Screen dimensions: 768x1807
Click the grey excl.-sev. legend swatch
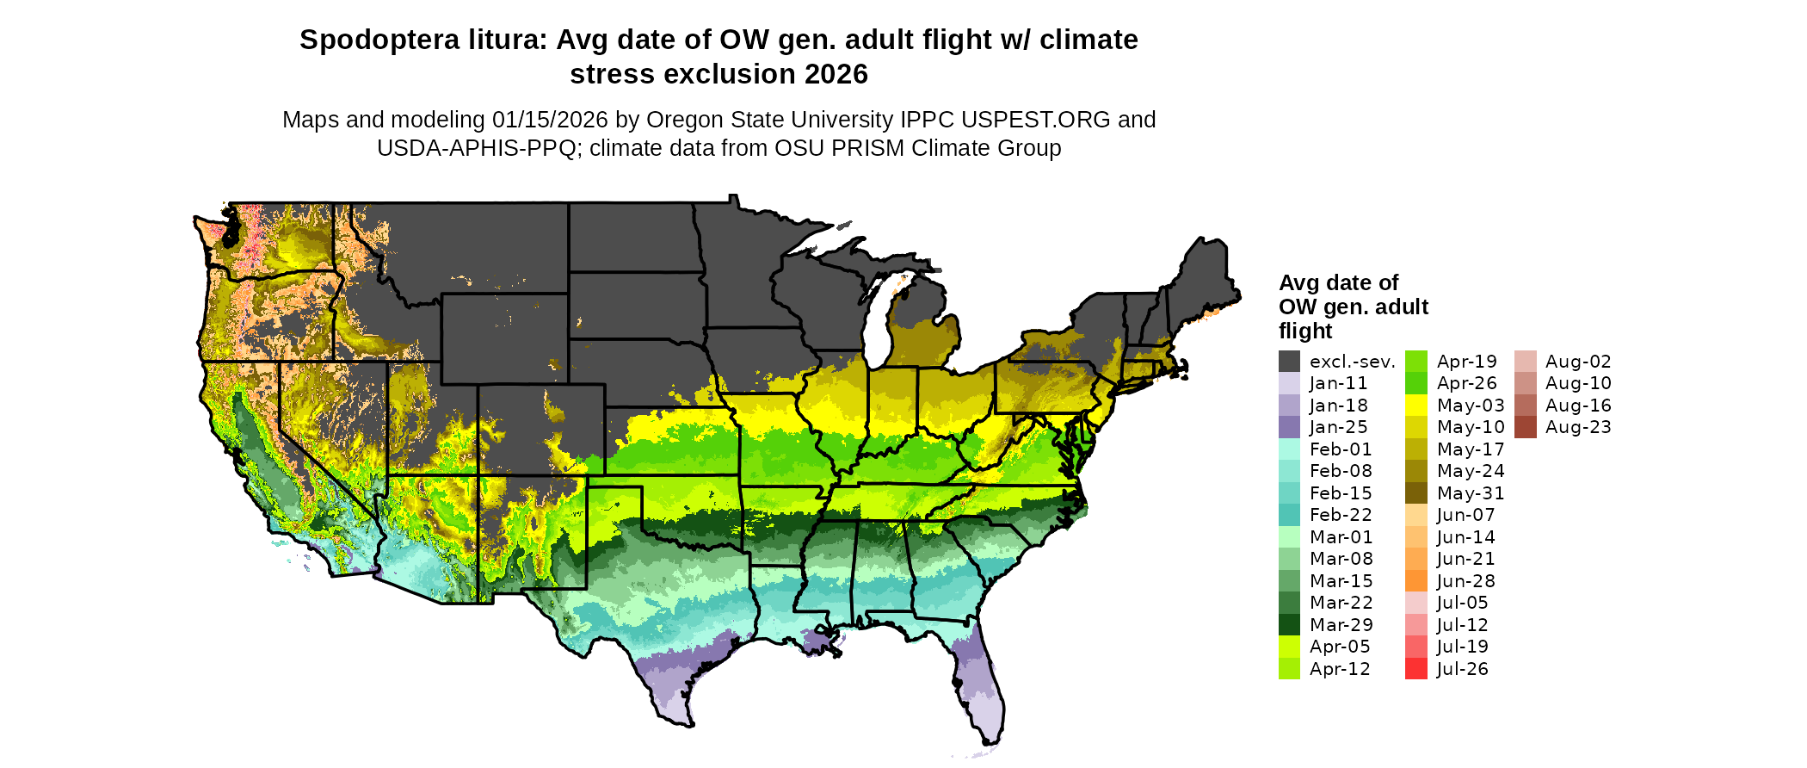[x=1289, y=362]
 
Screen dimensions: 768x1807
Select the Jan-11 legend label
[x=1338, y=384]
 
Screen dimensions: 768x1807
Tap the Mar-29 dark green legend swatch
[x=1289, y=625]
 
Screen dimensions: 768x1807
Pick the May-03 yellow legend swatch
[x=1416, y=406]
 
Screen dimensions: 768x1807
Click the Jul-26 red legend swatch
[x=1416, y=669]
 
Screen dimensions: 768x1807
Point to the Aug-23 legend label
[x=1578, y=428]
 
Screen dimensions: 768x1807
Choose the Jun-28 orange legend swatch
[x=1416, y=581]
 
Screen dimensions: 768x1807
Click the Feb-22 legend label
[x=1341, y=516]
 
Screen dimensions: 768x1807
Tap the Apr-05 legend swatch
[x=1289, y=647]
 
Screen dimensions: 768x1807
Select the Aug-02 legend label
[x=1578, y=362]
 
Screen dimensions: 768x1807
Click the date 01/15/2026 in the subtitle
[x=549, y=121]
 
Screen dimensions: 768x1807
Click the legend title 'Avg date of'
[x=1338, y=283]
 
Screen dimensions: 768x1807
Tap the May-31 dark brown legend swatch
[x=1416, y=493]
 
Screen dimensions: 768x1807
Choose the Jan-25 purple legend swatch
[x=1289, y=428]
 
